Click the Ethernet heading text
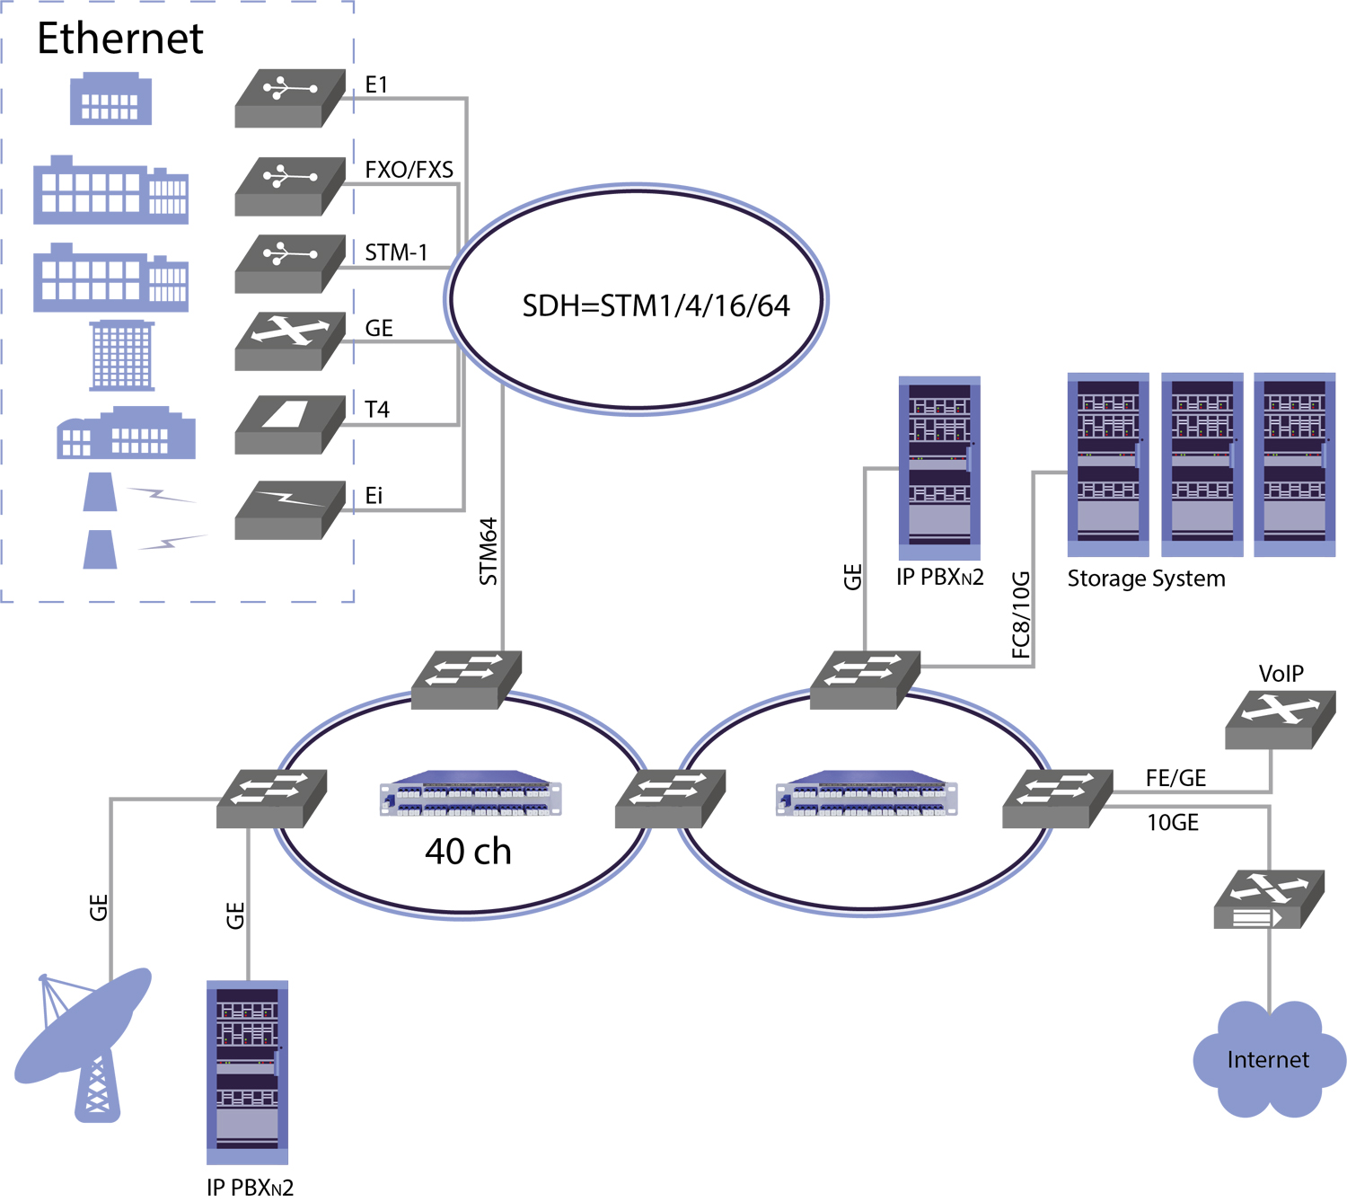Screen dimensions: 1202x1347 tap(119, 39)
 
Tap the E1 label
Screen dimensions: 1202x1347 tap(376, 84)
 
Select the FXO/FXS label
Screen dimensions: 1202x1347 tap(409, 170)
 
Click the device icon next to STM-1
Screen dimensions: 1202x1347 tap(289, 263)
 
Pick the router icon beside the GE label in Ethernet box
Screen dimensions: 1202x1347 tap(289, 340)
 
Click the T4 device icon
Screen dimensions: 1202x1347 tap(289, 424)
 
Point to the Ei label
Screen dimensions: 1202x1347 tap(374, 496)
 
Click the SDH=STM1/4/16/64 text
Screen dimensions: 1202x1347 tap(656, 306)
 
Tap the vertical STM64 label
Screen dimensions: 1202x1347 tap(489, 552)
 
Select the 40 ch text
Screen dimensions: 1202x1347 tap(468, 852)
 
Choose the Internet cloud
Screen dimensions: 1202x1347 tap(1268, 1060)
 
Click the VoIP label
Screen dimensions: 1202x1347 tap(1281, 674)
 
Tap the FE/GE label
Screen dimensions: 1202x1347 tap(1175, 778)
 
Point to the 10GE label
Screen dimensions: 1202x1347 tap(1172, 823)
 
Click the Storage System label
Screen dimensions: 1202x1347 tap(1146, 579)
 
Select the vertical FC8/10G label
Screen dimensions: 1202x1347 tap(1021, 614)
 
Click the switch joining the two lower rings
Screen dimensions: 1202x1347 tap(670, 799)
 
